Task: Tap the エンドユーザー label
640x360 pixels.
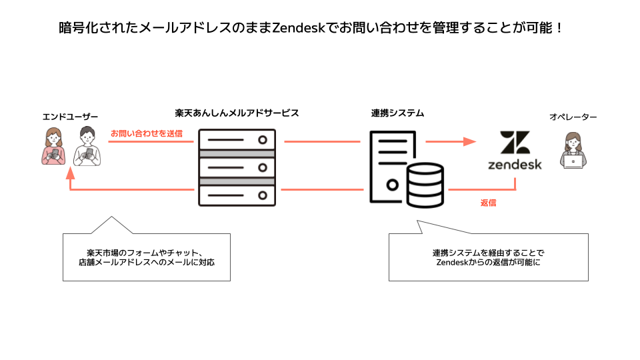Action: point(65,117)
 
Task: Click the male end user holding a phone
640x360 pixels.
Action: point(87,146)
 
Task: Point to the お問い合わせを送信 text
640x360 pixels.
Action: point(146,133)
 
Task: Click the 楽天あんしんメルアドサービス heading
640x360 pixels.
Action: point(237,113)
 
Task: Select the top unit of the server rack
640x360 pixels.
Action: point(237,141)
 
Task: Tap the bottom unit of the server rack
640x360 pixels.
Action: point(237,194)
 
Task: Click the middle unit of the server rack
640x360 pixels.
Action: point(237,167)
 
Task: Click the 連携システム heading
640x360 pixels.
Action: point(397,113)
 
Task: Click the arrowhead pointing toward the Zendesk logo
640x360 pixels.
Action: point(469,141)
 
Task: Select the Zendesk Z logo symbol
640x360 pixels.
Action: point(515,143)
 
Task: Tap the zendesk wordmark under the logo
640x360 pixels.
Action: point(515,163)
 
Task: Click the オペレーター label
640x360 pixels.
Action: point(573,117)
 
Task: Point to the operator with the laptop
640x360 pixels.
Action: point(573,150)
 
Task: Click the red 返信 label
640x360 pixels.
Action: point(488,203)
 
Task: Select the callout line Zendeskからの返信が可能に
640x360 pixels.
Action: point(488,262)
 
